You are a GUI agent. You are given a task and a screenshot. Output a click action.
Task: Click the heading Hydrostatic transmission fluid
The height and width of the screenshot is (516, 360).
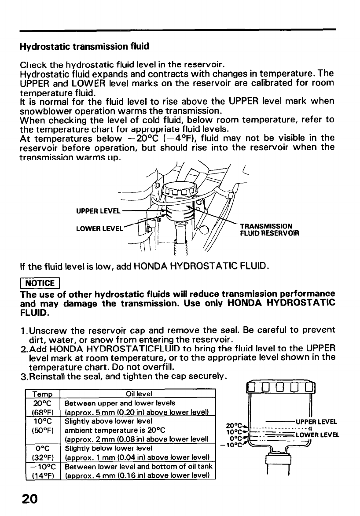[x=84, y=46]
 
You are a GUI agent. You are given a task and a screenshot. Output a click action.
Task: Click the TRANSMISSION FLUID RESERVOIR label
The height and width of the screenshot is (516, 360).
[x=269, y=230]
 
